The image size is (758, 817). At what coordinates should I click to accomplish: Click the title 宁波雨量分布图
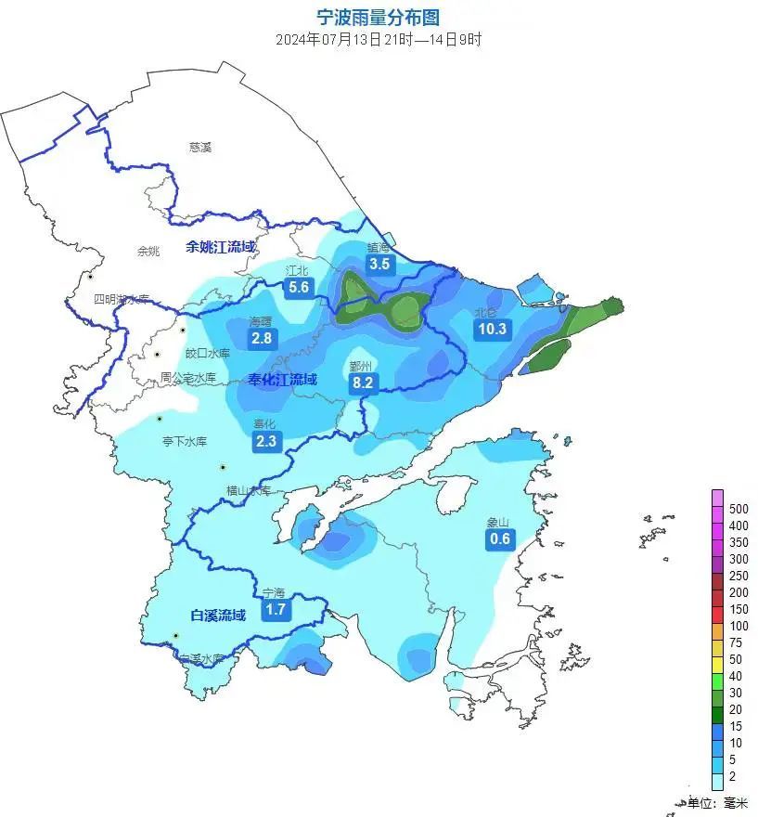click(x=378, y=18)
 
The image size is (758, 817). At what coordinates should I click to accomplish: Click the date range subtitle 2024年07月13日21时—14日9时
click(x=378, y=40)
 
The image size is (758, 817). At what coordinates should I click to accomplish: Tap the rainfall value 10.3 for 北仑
click(x=491, y=329)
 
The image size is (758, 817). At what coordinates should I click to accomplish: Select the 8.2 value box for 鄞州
click(x=362, y=382)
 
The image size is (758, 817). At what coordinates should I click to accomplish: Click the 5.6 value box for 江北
click(x=299, y=288)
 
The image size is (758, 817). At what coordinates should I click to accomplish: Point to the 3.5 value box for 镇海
click(x=379, y=265)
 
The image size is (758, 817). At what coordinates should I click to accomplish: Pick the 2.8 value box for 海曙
click(x=262, y=338)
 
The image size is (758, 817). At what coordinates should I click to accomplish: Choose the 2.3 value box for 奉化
click(x=266, y=441)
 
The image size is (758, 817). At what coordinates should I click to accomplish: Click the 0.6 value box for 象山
click(x=500, y=538)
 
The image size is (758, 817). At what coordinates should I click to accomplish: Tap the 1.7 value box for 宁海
click(x=275, y=609)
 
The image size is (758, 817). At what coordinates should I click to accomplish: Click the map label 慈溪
click(x=200, y=147)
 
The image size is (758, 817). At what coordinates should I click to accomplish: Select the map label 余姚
click(x=148, y=251)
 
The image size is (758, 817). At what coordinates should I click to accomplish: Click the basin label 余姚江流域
click(x=220, y=247)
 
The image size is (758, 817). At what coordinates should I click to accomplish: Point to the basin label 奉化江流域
click(x=283, y=379)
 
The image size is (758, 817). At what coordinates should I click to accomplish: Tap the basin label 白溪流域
click(x=218, y=615)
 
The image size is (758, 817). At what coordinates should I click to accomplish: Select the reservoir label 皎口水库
click(x=208, y=353)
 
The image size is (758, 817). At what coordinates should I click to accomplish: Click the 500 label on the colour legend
click(x=739, y=509)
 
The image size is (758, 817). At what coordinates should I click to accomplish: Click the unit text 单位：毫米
click(x=716, y=803)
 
